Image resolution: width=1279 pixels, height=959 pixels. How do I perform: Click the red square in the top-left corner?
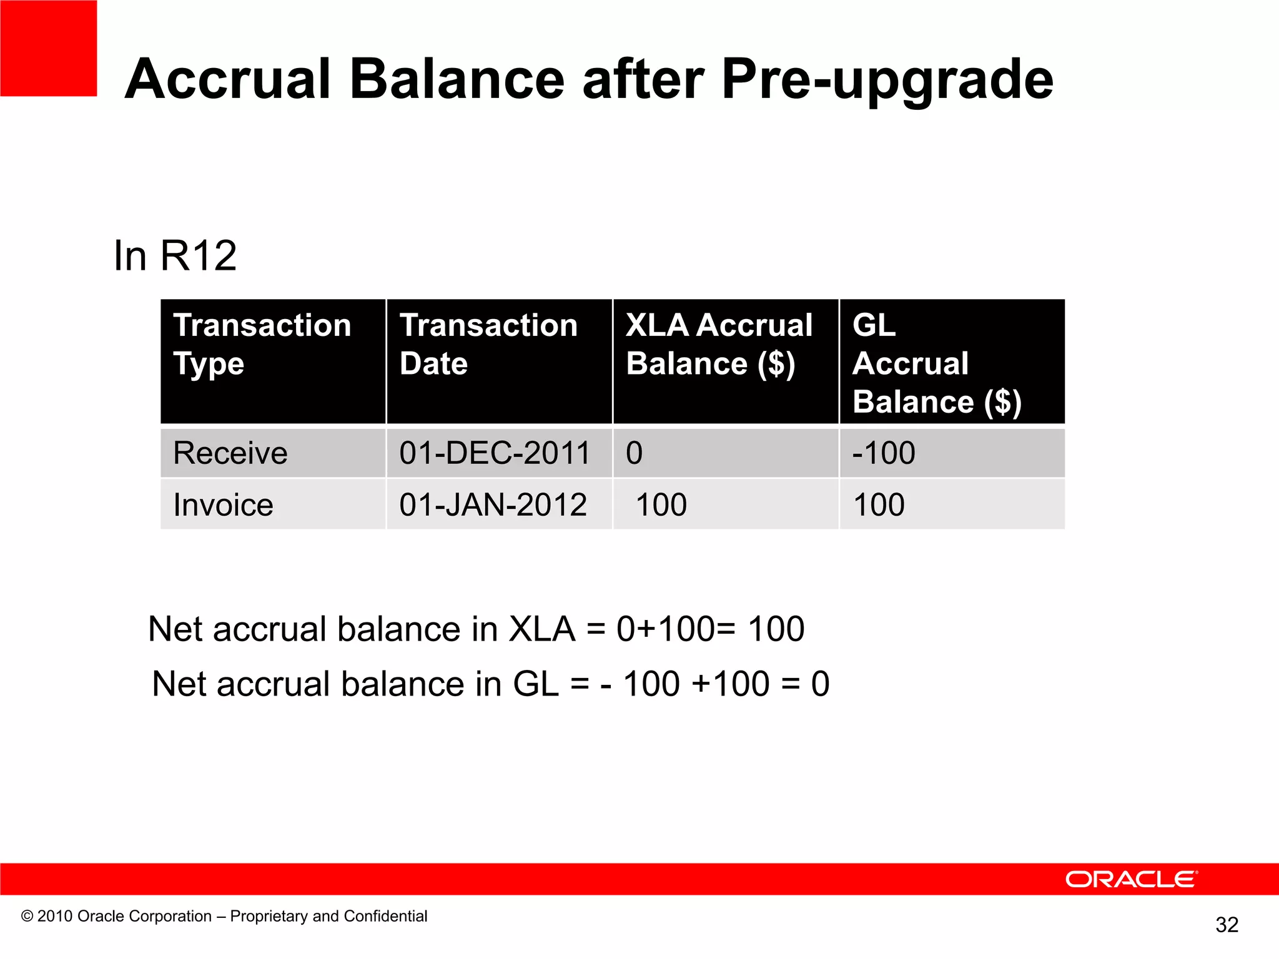pos(48,48)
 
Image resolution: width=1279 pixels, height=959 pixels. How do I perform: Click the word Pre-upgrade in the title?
pos(887,79)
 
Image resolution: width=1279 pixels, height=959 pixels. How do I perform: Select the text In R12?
pos(175,256)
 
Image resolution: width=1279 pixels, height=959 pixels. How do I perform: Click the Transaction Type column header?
pos(262,344)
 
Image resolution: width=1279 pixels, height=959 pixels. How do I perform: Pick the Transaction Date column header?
pos(488,344)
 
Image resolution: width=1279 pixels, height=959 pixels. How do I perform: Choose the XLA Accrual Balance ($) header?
pos(719,344)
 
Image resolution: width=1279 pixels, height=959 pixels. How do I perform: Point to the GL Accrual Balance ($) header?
pos(937,363)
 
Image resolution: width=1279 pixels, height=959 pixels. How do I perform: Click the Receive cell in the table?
pos(230,453)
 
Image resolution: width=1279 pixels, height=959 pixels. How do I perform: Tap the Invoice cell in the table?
pos(223,504)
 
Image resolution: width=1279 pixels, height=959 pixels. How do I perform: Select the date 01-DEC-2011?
pos(495,453)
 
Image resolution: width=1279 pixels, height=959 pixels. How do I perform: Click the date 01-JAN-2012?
pos(493,504)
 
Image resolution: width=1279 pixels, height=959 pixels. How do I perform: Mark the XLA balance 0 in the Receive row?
pos(635,453)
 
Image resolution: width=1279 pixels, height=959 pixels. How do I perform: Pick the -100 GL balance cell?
pos(884,453)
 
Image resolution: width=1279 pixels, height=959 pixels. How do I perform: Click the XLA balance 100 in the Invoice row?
pos(661,504)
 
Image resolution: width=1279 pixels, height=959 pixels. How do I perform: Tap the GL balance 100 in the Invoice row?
pos(879,504)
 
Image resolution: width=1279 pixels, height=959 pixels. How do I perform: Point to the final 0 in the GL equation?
pos(820,684)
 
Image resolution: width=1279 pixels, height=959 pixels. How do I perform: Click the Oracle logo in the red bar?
pos(1131,879)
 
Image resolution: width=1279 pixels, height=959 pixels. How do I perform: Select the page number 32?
pos(1227,925)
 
